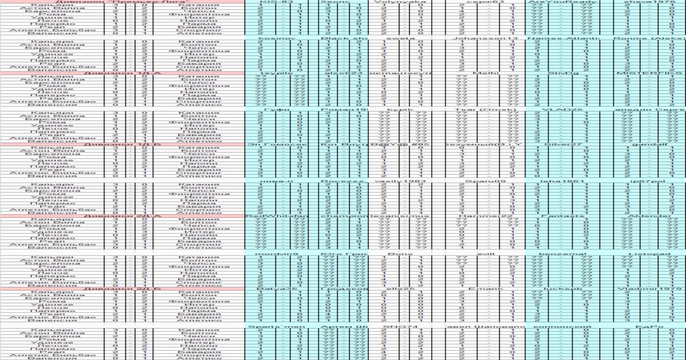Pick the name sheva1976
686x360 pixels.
(x=651, y=2)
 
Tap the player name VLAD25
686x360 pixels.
(x=563, y=109)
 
